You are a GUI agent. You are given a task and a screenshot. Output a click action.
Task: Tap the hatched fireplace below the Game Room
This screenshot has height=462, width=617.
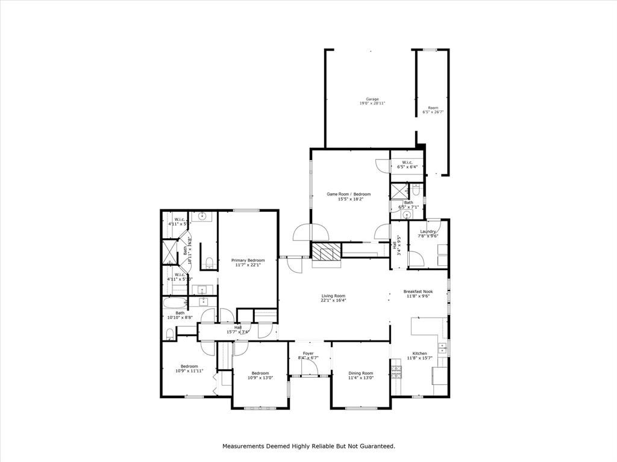tap(326, 252)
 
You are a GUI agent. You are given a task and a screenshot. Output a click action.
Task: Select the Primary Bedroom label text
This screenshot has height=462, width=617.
tap(248, 260)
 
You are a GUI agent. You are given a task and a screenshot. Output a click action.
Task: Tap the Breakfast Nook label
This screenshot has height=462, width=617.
tap(418, 291)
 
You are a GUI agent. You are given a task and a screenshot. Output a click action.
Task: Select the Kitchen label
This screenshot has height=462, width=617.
tap(419, 353)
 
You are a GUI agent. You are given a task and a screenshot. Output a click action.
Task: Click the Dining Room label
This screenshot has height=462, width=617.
tap(360, 373)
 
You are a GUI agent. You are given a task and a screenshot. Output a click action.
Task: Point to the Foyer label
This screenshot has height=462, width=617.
tap(308, 353)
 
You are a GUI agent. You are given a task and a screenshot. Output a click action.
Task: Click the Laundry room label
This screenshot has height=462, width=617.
tap(428, 232)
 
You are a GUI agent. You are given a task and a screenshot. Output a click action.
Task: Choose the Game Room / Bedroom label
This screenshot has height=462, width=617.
tap(348, 194)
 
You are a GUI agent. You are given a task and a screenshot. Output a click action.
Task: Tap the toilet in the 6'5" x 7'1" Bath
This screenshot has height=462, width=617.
tap(416, 190)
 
